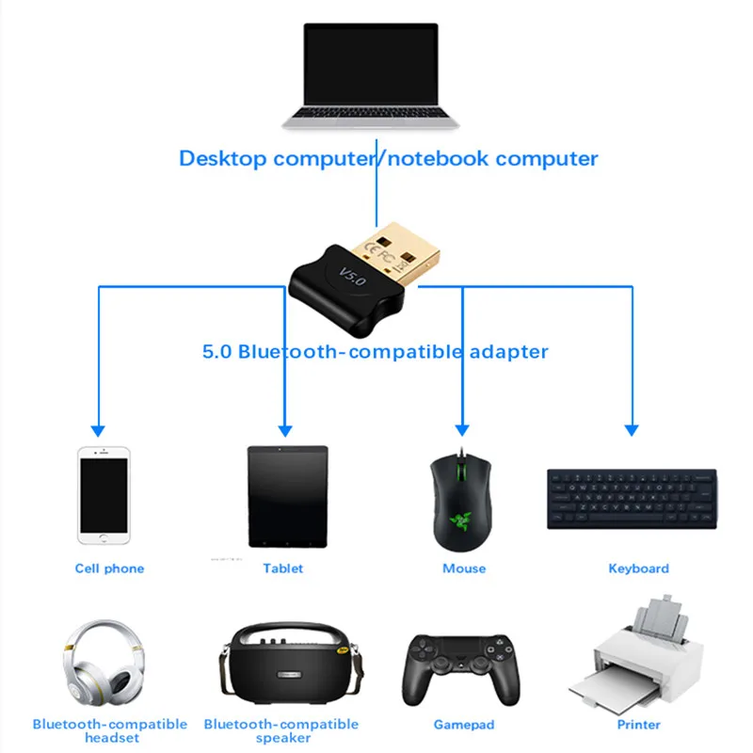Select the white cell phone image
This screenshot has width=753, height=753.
[104, 494]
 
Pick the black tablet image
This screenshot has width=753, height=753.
[287, 497]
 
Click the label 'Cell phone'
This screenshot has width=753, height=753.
[110, 569]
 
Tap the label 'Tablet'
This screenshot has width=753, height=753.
[283, 569]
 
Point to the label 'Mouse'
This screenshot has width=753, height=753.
[464, 569]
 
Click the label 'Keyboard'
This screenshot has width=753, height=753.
[639, 569]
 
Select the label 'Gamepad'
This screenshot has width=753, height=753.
[464, 725]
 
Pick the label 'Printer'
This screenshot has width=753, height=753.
[639, 725]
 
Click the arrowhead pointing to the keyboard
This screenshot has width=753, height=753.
[633, 428]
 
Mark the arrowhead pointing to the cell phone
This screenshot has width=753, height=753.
[99, 428]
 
